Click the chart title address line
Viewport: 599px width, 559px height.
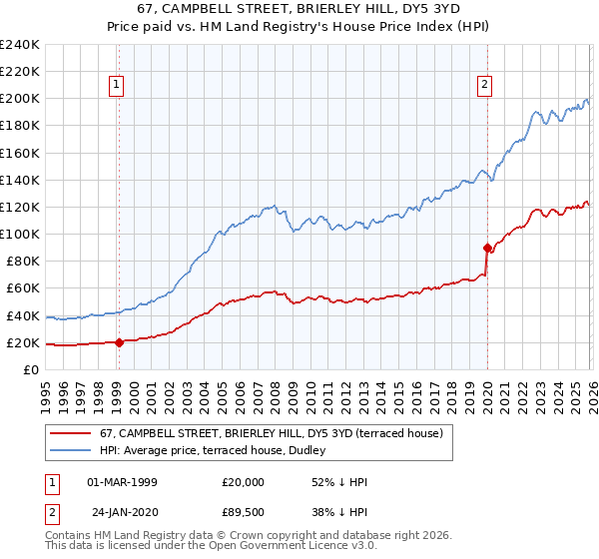299,10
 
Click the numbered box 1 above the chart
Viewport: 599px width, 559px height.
118,86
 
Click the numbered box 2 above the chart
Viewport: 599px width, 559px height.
485,86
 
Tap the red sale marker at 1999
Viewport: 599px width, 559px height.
119,342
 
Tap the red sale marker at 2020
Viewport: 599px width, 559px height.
487,248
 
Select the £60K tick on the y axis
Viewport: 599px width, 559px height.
22,288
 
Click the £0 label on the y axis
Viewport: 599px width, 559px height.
30,369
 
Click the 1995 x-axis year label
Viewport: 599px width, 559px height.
46,390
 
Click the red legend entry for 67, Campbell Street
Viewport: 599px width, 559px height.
278,433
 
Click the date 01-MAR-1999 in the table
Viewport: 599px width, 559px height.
123,482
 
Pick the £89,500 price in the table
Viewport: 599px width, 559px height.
243,514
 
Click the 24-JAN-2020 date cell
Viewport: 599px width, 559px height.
123,514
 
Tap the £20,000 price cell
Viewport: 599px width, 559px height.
243,482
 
